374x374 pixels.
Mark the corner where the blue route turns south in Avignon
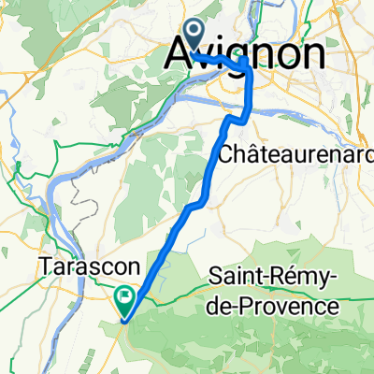point(246,62)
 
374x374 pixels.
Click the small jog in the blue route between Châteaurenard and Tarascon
point(194,205)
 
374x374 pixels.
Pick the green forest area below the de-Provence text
point(280,341)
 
